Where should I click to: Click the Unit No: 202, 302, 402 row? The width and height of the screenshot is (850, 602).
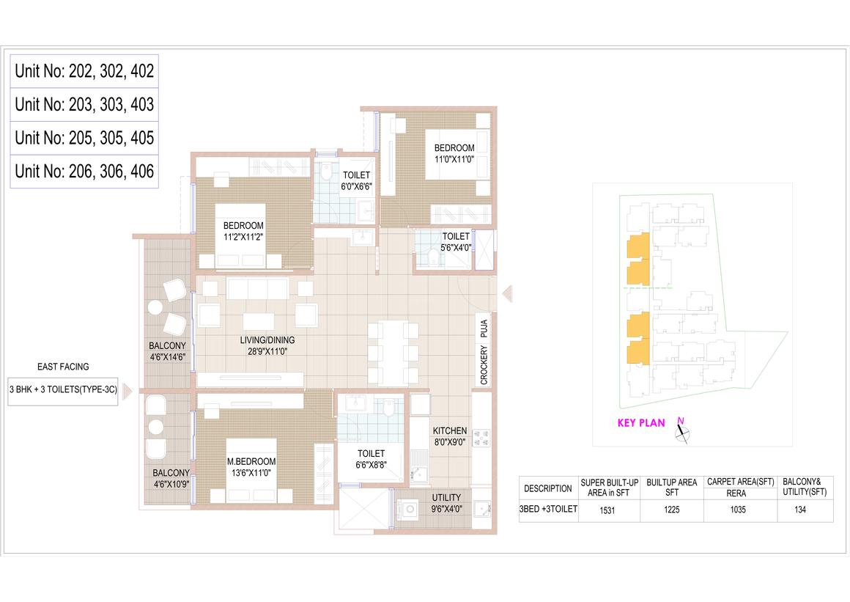[x=84, y=71]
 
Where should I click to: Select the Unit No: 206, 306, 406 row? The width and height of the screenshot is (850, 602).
[x=84, y=172]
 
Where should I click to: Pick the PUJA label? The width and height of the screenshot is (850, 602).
[x=484, y=328]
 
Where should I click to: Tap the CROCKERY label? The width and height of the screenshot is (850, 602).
[x=484, y=365]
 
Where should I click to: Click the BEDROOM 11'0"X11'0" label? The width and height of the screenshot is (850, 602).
[x=454, y=153]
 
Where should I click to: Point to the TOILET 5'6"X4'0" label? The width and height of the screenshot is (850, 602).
[x=456, y=242]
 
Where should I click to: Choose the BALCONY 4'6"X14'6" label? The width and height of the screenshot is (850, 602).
[x=168, y=351]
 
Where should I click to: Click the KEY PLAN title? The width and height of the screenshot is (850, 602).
[x=641, y=423]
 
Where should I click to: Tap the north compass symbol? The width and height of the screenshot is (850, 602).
[x=682, y=430]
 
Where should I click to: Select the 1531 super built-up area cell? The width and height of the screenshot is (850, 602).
[x=607, y=510]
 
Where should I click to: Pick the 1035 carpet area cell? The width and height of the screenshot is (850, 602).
[x=738, y=510]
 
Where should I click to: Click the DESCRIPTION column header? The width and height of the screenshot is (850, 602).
[x=548, y=488]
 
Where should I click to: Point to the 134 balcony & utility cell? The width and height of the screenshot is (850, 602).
[x=800, y=510]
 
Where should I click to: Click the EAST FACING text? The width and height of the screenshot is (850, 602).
[x=63, y=367]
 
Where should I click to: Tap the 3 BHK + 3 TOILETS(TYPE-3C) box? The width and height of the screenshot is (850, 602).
[x=63, y=389]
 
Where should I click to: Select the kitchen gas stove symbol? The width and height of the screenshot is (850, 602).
[x=481, y=438]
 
